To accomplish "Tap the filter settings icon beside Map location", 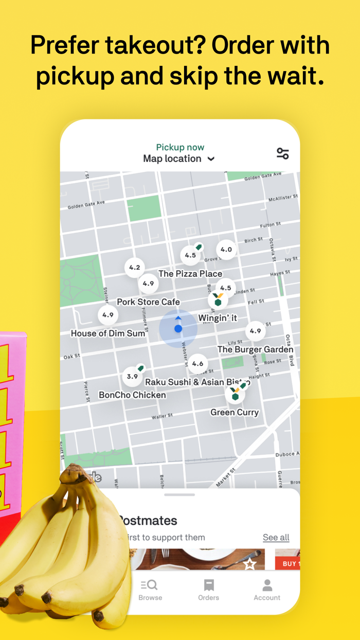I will point(282,153).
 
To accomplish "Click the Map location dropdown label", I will point(178,159).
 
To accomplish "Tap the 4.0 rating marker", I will point(226,250).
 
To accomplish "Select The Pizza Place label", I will point(190,274).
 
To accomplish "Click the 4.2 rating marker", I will point(135,268).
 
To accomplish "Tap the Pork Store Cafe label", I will point(148,302).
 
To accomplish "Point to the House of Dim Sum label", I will point(108,333).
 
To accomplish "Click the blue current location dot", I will point(178,328).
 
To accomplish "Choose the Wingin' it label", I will point(218,318).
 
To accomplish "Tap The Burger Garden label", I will point(255,349).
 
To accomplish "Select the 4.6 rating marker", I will point(197,364).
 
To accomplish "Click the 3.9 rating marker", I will point(133,377).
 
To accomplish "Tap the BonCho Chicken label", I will point(132,395).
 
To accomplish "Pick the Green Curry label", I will point(235,412).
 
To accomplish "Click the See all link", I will point(276,538).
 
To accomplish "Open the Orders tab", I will point(208,590).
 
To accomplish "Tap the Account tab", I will point(267,590).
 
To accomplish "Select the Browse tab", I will point(150,590).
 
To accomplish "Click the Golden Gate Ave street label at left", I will point(86,205).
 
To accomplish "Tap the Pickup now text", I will point(180,148).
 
